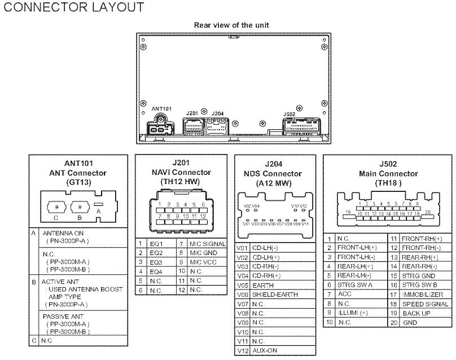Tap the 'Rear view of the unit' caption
click(231, 25)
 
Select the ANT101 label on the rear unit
click(162, 108)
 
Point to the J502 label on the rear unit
click(288, 114)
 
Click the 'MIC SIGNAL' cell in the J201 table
click(207, 244)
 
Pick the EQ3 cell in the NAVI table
click(156, 262)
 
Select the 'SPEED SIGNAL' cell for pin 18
click(426, 304)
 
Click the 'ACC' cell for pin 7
click(344, 294)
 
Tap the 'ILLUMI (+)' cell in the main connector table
click(352, 313)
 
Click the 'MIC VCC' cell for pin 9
click(203, 262)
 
